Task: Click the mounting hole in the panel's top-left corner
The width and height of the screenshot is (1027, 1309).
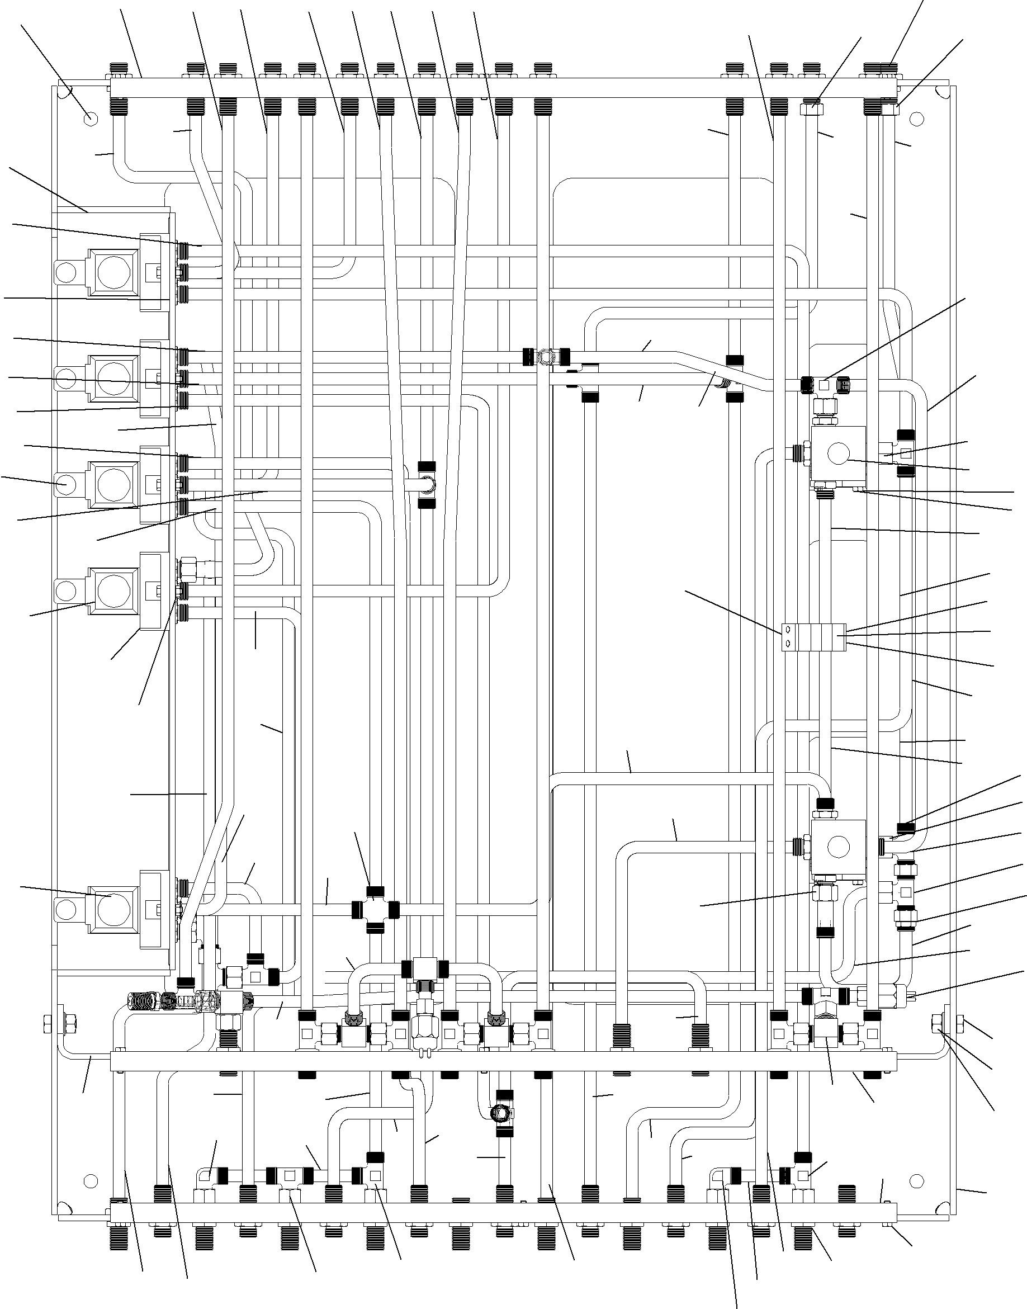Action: pyautogui.click(x=89, y=118)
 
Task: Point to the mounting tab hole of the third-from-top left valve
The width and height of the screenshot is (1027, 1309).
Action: pyautogui.click(x=64, y=482)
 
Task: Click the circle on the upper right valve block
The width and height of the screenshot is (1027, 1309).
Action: pyautogui.click(x=838, y=459)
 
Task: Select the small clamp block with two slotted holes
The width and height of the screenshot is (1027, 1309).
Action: pyautogui.click(x=813, y=638)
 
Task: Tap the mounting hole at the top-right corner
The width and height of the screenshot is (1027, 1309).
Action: pyautogui.click(x=916, y=119)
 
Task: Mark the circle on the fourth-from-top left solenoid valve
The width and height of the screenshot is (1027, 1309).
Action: pyautogui.click(x=110, y=590)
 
